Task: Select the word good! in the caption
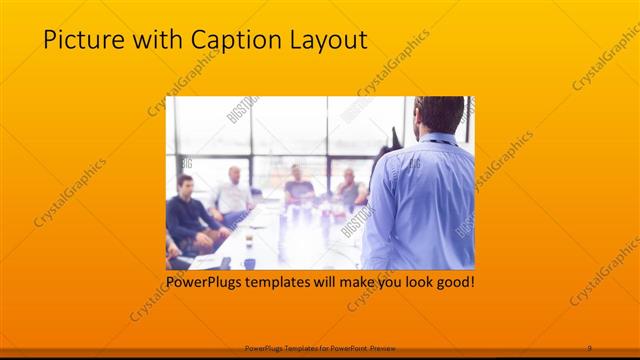[x=453, y=283]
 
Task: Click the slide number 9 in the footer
[x=589, y=347]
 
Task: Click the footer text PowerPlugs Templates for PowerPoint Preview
[x=319, y=347]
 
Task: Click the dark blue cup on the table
[x=249, y=263]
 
